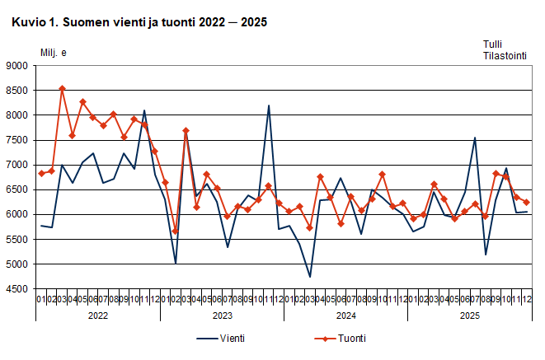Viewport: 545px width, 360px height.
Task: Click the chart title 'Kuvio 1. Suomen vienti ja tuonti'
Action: [x=139, y=22]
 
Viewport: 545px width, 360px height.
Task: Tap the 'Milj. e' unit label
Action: [x=54, y=54]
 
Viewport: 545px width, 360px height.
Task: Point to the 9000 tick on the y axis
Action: [x=18, y=66]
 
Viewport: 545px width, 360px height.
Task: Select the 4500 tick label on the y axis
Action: [x=18, y=289]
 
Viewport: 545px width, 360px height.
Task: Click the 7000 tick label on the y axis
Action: [x=18, y=166]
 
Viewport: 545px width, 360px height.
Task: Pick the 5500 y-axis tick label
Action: [x=18, y=240]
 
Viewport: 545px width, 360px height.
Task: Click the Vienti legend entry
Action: [x=221, y=338]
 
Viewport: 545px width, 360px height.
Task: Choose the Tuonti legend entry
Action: [x=341, y=338]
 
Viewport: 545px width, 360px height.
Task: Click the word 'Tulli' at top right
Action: [x=492, y=44]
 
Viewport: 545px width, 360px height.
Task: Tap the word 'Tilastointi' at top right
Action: [x=505, y=56]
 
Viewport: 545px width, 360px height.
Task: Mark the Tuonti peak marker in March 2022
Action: [x=62, y=88]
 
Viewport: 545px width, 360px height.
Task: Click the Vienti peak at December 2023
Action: [x=269, y=105]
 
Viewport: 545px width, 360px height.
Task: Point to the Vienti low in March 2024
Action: [x=310, y=277]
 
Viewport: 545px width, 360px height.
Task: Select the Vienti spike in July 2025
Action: [x=475, y=138]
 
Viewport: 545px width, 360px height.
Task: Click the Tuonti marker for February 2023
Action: [x=176, y=231]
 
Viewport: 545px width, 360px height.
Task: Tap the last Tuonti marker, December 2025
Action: [x=526, y=203]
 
